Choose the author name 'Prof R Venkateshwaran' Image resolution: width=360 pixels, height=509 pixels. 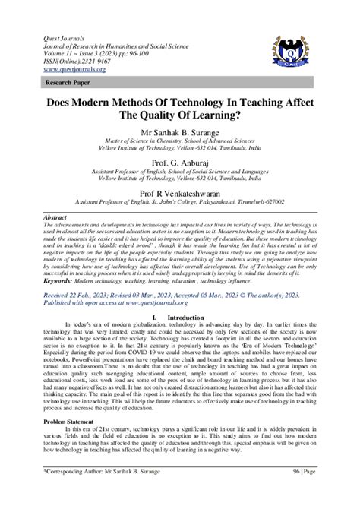pos(179,193)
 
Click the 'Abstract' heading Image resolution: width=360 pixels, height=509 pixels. pos(54,216)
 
